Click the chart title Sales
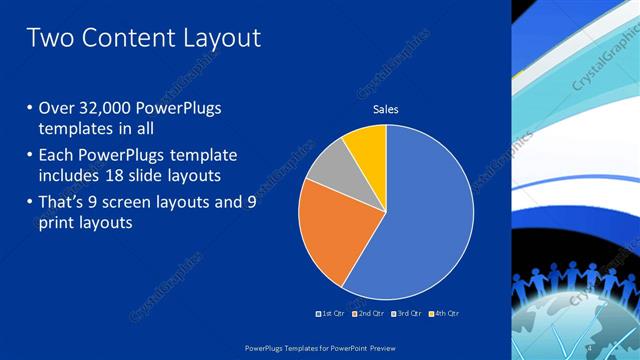tap(386, 109)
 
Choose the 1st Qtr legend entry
tap(331, 313)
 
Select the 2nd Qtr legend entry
tap(369, 313)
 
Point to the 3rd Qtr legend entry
tap(408, 313)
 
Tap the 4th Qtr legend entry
tap(445, 313)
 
